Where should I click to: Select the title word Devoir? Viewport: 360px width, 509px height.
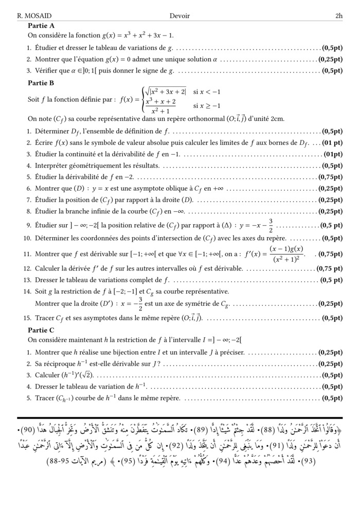tap(179, 16)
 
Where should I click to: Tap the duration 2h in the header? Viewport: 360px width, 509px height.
tap(338, 16)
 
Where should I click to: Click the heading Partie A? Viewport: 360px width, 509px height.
tap(42, 25)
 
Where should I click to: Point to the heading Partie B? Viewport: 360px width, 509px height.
tap(42, 83)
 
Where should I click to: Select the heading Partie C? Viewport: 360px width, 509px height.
tap(42, 330)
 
